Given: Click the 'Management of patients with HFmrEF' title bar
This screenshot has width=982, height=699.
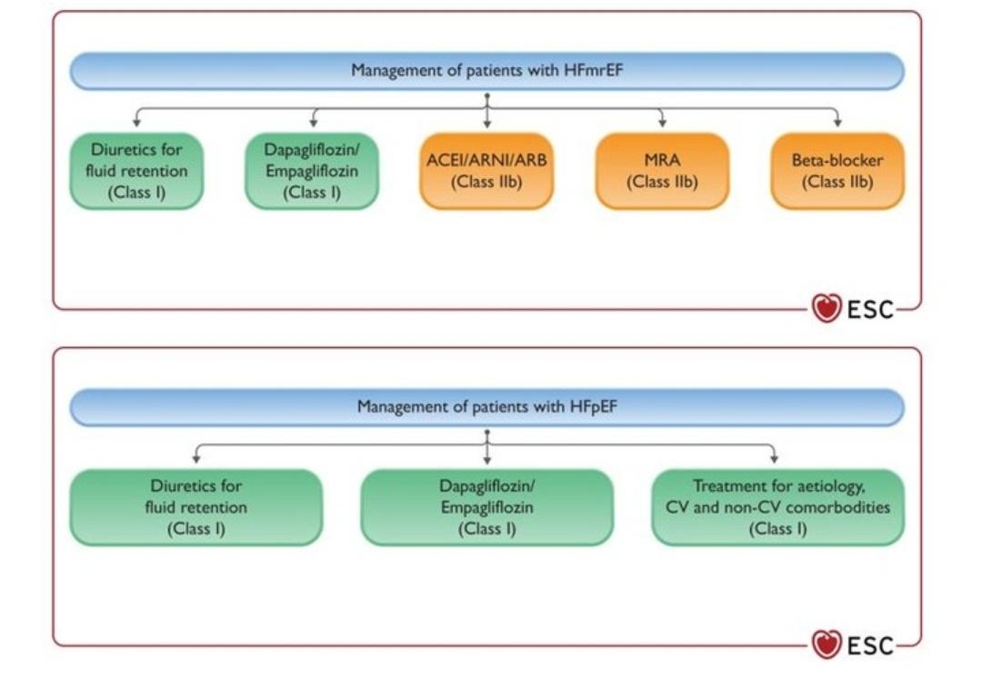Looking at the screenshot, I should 487,71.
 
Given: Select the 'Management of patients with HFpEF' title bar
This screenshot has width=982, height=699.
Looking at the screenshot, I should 487,407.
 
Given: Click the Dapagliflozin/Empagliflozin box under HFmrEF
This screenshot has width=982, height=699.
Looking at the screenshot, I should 312,171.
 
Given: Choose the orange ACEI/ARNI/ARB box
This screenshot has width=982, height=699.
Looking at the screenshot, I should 486,171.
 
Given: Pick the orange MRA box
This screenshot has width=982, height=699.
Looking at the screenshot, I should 662,171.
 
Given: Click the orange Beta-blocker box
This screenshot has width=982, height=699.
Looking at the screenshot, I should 837,171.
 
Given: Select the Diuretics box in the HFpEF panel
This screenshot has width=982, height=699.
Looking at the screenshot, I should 196,507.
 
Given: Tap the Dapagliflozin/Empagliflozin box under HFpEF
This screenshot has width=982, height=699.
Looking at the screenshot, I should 486,507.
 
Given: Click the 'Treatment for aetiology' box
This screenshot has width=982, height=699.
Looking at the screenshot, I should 777,507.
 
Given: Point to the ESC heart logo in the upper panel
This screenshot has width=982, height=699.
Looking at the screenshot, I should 827,309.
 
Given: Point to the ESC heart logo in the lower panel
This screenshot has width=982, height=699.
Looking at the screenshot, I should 827,645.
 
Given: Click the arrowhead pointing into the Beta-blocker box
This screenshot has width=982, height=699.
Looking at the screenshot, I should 837,123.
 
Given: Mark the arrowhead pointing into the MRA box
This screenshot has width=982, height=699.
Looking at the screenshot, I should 662,123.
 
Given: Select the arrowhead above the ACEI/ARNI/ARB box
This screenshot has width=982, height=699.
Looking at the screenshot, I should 487,123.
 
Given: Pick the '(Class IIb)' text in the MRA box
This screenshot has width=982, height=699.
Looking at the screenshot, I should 662,182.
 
